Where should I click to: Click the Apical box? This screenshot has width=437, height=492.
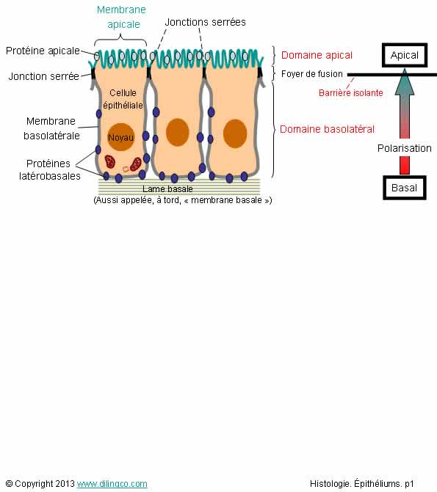(x=405, y=55)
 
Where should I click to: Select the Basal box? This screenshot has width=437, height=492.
(x=405, y=188)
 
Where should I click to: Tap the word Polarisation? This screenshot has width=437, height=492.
(x=404, y=148)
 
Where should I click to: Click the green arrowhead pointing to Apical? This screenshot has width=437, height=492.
(x=405, y=82)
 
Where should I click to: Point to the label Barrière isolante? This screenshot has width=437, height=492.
(x=351, y=93)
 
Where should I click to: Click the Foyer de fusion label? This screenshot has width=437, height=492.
(x=312, y=74)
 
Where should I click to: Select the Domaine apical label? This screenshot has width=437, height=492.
(x=317, y=55)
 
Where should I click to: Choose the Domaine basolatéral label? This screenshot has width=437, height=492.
(x=327, y=129)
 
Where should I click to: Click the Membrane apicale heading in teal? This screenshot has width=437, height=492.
(x=122, y=17)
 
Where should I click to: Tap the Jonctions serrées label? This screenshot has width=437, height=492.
(x=206, y=22)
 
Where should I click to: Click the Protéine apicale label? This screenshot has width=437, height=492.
(x=43, y=51)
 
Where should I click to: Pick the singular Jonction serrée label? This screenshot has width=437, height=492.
(x=44, y=76)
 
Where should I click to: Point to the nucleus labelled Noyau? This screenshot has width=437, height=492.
(x=121, y=137)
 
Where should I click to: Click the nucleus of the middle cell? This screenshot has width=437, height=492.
(x=177, y=133)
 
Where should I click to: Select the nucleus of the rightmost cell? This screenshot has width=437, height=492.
(x=235, y=133)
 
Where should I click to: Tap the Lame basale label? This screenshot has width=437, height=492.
(x=167, y=189)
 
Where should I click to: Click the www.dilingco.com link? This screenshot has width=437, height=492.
(x=112, y=484)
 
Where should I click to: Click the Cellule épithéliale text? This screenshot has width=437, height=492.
(x=123, y=99)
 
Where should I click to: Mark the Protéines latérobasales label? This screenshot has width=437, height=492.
(x=50, y=170)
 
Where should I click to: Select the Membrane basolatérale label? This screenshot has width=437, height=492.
(x=51, y=128)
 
